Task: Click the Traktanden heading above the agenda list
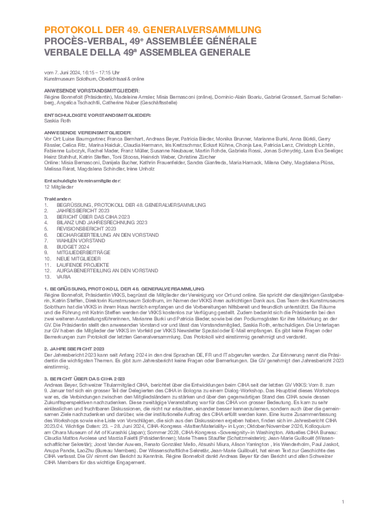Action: click(x=55, y=199)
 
